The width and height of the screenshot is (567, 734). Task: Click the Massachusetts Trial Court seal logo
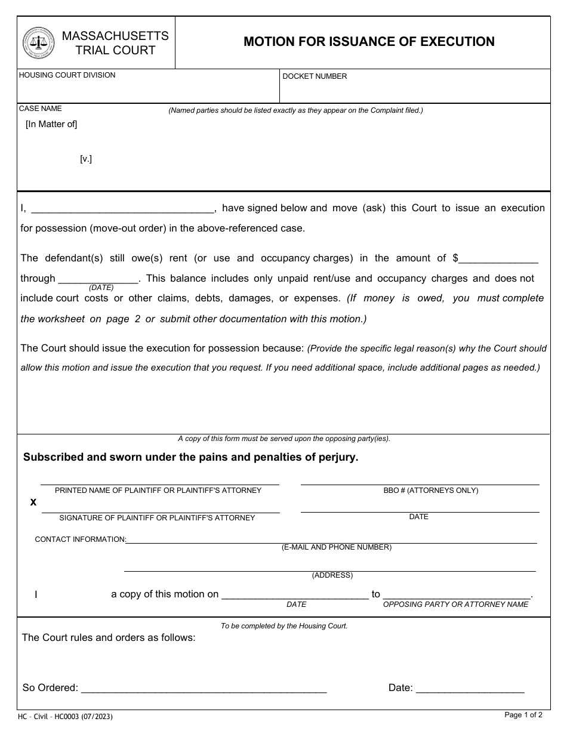(38, 43)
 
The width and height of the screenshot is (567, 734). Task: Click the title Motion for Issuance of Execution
(369, 42)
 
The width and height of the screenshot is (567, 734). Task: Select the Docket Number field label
(315, 76)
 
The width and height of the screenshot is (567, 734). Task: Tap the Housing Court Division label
(67, 75)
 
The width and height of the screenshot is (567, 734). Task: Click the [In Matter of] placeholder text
(51, 124)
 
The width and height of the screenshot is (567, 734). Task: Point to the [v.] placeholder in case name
(86, 159)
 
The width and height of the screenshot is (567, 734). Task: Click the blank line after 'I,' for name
(122, 209)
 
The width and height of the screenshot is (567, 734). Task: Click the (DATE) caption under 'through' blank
(101, 288)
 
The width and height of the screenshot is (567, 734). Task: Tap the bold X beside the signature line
(33, 502)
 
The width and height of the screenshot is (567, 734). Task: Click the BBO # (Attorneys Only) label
(430, 491)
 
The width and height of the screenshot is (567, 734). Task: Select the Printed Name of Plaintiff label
(158, 491)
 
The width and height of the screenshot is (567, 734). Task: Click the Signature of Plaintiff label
(157, 518)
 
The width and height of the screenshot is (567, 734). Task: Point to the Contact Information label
(80, 539)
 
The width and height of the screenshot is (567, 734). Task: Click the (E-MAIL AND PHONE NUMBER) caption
(337, 547)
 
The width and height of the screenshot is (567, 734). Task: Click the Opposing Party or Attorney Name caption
(455, 605)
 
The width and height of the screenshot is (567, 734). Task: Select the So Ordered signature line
(204, 689)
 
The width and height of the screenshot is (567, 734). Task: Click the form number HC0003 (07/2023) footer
(65, 716)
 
